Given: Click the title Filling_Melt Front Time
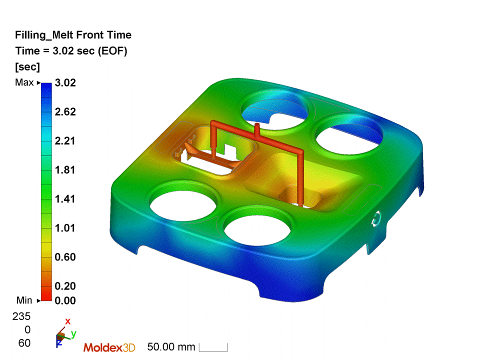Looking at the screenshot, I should click(73, 35).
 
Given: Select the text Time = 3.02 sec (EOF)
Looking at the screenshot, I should click(71, 50).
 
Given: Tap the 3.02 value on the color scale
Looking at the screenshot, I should click(64, 82).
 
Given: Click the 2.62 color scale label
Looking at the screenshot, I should click(64, 111).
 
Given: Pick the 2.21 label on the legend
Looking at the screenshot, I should click(64, 140).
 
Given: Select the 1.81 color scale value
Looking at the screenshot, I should click(64, 170).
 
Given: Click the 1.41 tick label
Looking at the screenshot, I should click(64, 199).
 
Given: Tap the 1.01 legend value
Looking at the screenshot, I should click(64, 228).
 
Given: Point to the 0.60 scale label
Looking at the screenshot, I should click(64, 257).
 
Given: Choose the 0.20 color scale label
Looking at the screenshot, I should click(64, 286).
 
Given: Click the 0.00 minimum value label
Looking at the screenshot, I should click(64, 300).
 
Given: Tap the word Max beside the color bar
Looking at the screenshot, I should click(24, 82).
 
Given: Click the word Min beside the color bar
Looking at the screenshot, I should click(24, 300).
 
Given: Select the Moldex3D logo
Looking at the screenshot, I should click(109, 347).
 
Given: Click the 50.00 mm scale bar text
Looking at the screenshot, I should click(171, 346).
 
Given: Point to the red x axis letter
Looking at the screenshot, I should click(68, 321).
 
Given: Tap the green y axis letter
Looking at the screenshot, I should click(73, 333).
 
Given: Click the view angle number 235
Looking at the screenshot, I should click(24, 316).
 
